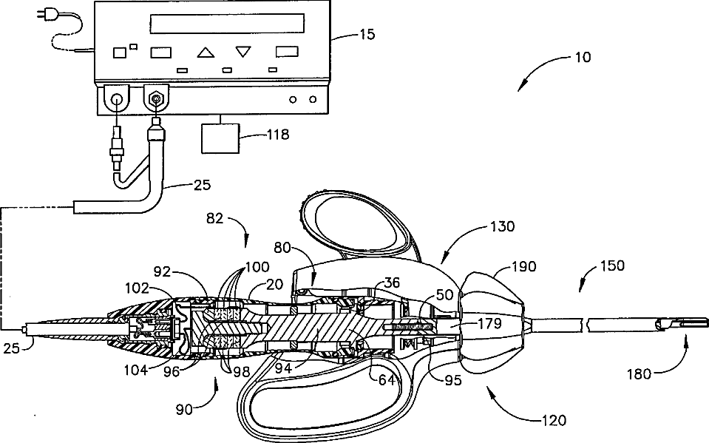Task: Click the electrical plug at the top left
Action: (47, 16)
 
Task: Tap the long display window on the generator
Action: (227, 23)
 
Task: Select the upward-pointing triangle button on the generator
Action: (206, 53)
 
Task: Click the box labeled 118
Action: (220, 138)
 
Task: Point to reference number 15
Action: (367, 35)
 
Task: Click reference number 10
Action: (583, 58)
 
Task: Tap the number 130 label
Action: (502, 226)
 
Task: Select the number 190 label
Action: (523, 266)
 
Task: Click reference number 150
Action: (612, 266)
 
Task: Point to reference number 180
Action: (639, 374)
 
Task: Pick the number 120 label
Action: (554, 420)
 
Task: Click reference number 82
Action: (215, 219)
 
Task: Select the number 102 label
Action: (137, 288)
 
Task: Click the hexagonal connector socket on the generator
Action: (156, 98)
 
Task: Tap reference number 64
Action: (387, 380)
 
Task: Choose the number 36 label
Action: (392, 283)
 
